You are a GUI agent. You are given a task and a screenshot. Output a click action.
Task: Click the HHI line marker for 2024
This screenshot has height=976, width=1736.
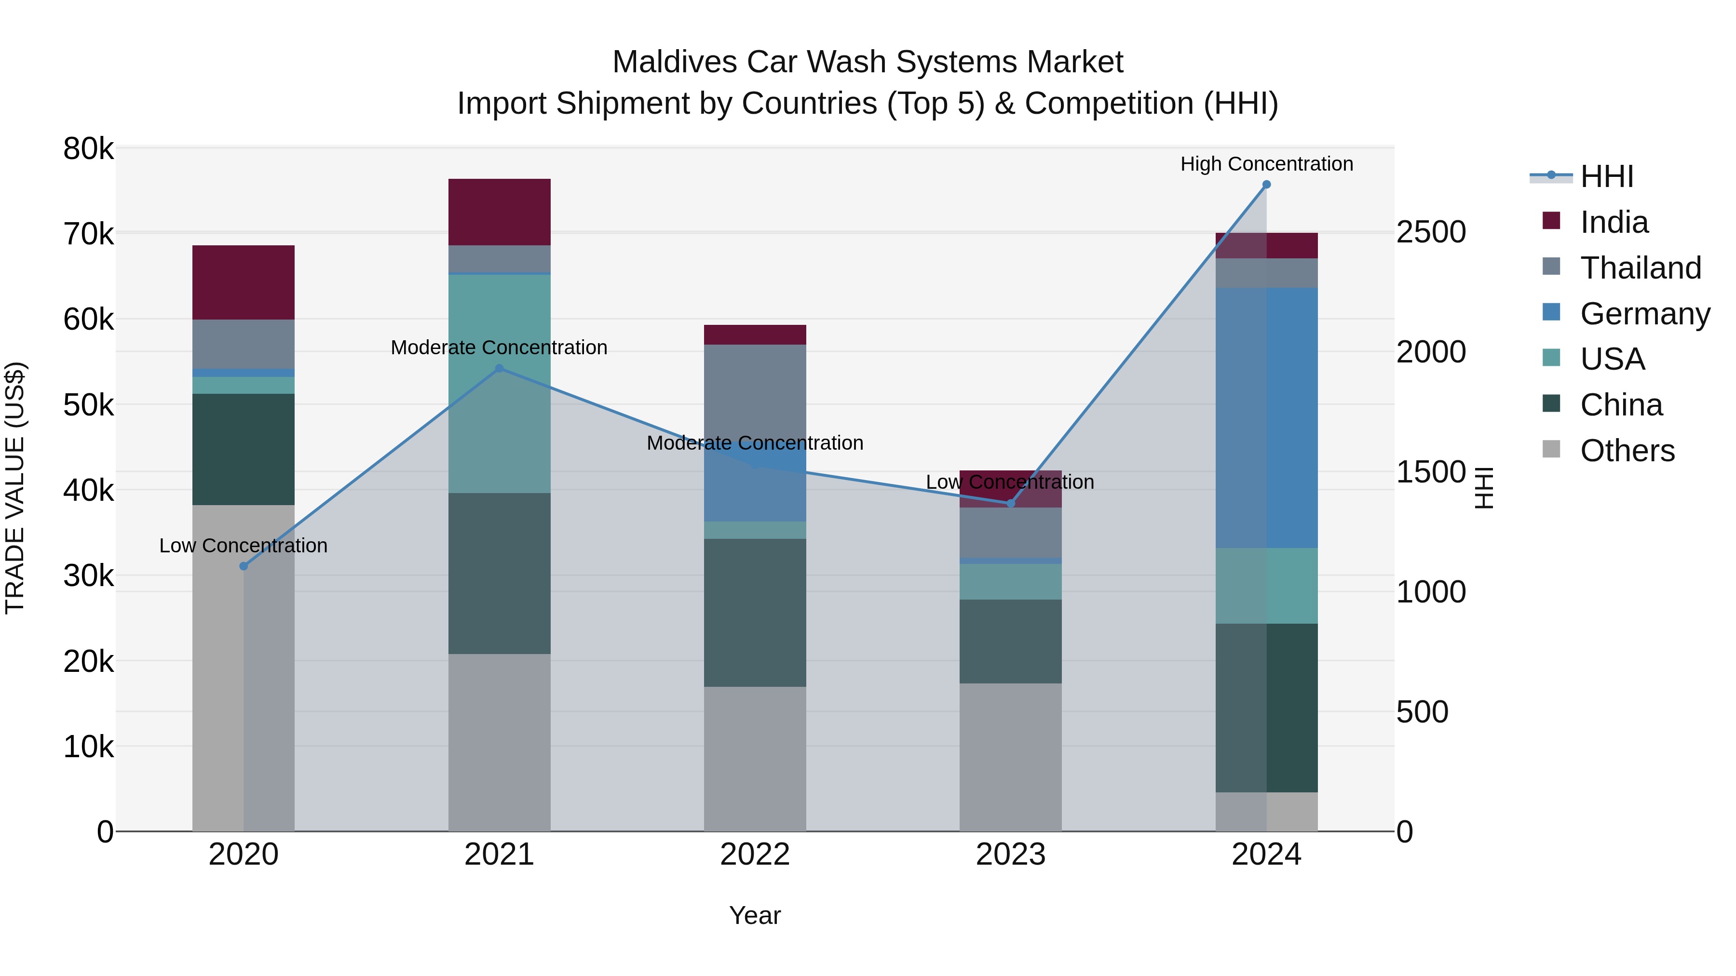(1266, 185)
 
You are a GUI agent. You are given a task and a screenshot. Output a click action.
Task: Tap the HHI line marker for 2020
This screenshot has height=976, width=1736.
(244, 566)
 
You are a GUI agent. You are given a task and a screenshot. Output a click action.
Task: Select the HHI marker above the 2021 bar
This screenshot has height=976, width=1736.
(500, 368)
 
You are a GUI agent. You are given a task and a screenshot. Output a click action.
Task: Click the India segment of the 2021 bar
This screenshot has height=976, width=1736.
(500, 212)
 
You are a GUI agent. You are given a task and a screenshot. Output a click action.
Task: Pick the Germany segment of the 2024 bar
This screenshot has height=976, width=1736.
(1266, 417)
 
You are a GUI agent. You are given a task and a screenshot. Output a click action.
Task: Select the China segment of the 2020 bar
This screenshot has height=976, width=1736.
(244, 449)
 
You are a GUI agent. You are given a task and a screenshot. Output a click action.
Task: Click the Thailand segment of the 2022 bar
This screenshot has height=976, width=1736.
(755, 391)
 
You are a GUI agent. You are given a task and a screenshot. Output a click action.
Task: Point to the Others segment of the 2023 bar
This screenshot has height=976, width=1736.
(1010, 757)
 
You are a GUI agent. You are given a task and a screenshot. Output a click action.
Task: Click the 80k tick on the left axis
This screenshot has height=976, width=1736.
(88, 149)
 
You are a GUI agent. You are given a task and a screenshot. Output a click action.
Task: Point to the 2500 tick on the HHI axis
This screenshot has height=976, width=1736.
(1431, 232)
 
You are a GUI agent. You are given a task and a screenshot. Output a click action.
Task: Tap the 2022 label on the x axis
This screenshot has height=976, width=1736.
(755, 855)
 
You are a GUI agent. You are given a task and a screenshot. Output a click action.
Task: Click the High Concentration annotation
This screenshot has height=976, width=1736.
(1266, 164)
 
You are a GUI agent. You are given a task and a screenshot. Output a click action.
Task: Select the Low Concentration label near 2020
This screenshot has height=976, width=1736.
(244, 546)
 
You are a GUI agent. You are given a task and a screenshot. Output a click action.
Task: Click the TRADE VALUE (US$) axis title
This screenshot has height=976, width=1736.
(15, 488)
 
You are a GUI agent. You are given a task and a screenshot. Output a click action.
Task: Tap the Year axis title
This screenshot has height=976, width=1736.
(755, 915)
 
